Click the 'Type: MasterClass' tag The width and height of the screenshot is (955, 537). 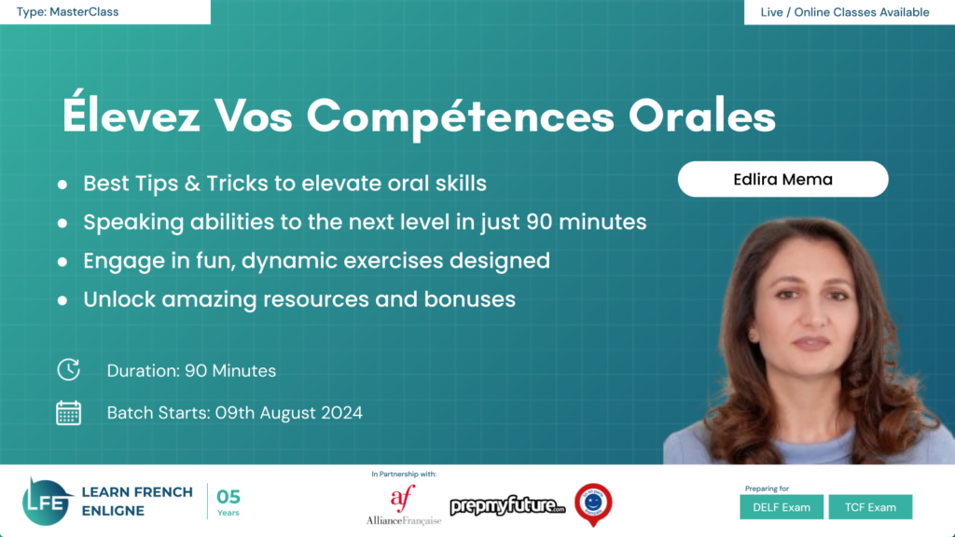click(67, 12)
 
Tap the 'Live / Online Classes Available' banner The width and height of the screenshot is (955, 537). click(845, 12)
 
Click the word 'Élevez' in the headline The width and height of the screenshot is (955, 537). click(131, 115)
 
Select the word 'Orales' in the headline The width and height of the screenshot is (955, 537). click(702, 116)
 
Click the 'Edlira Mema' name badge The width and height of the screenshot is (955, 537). click(782, 179)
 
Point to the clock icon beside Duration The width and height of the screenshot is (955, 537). click(69, 369)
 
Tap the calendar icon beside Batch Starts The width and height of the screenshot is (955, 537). click(69, 413)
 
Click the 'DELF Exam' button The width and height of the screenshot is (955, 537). click(782, 507)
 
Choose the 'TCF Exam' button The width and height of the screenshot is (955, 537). click(870, 507)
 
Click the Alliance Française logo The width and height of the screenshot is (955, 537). click(403, 504)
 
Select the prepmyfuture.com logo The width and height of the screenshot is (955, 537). click(507, 505)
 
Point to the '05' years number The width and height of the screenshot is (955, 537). click(228, 497)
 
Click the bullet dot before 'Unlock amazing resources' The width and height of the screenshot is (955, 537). click(62, 299)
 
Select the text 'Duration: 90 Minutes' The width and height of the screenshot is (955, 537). click(191, 370)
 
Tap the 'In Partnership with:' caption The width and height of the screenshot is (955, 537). click(404, 474)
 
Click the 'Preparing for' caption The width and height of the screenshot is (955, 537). click(767, 489)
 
